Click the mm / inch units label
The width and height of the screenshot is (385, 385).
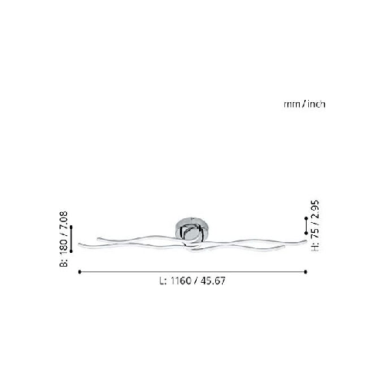coord(304,104)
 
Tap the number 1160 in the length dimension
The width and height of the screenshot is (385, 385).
coord(181,281)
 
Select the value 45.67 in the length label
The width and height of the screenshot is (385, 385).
coord(213,281)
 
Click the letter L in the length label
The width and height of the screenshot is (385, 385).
coord(162,281)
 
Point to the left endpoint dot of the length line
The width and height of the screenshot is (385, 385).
coord(80,272)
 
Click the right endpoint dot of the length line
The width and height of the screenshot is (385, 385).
coord(306,272)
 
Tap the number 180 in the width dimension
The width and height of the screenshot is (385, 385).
coord(63,246)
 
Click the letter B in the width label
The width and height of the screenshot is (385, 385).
coord(63,262)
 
